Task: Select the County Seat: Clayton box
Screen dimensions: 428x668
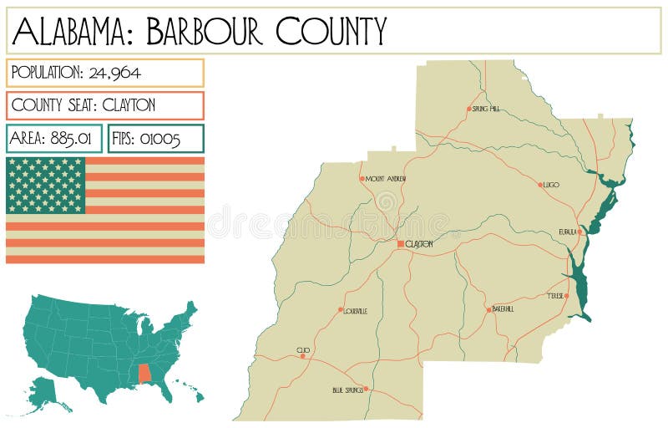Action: coord(104,105)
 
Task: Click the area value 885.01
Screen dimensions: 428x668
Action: coord(76,139)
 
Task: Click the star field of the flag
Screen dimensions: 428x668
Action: coord(46,185)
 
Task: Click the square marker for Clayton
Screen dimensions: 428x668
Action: coord(401,243)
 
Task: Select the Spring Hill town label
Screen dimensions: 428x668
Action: coord(485,109)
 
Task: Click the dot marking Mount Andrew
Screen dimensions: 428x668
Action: coord(362,178)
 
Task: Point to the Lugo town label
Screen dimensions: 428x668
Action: coord(551,185)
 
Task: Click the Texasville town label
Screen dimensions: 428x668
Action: coord(555,296)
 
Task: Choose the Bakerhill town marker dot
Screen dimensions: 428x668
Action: coord(489,309)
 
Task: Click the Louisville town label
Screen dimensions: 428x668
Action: coord(356,311)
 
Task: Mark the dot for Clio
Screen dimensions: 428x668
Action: coord(303,356)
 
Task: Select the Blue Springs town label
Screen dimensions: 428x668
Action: coord(347,390)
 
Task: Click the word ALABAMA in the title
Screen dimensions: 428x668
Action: coord(74,31)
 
